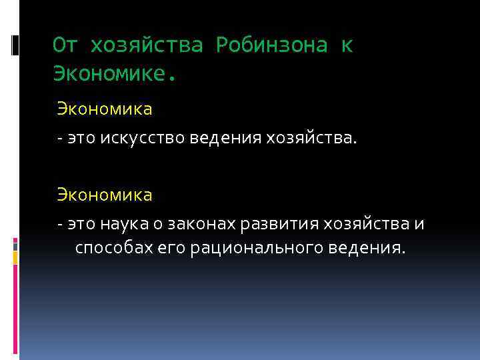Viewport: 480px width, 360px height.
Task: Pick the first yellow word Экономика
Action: point(104,107)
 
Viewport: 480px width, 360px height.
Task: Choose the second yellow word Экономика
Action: point(104,195)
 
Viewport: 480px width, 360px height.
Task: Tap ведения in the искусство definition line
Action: point(217,139)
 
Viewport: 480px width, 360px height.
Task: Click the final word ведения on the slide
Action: point(366,249)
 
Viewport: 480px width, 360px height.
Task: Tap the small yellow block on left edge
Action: point(15,241)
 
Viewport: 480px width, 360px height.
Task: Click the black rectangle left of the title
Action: point(15,46)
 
